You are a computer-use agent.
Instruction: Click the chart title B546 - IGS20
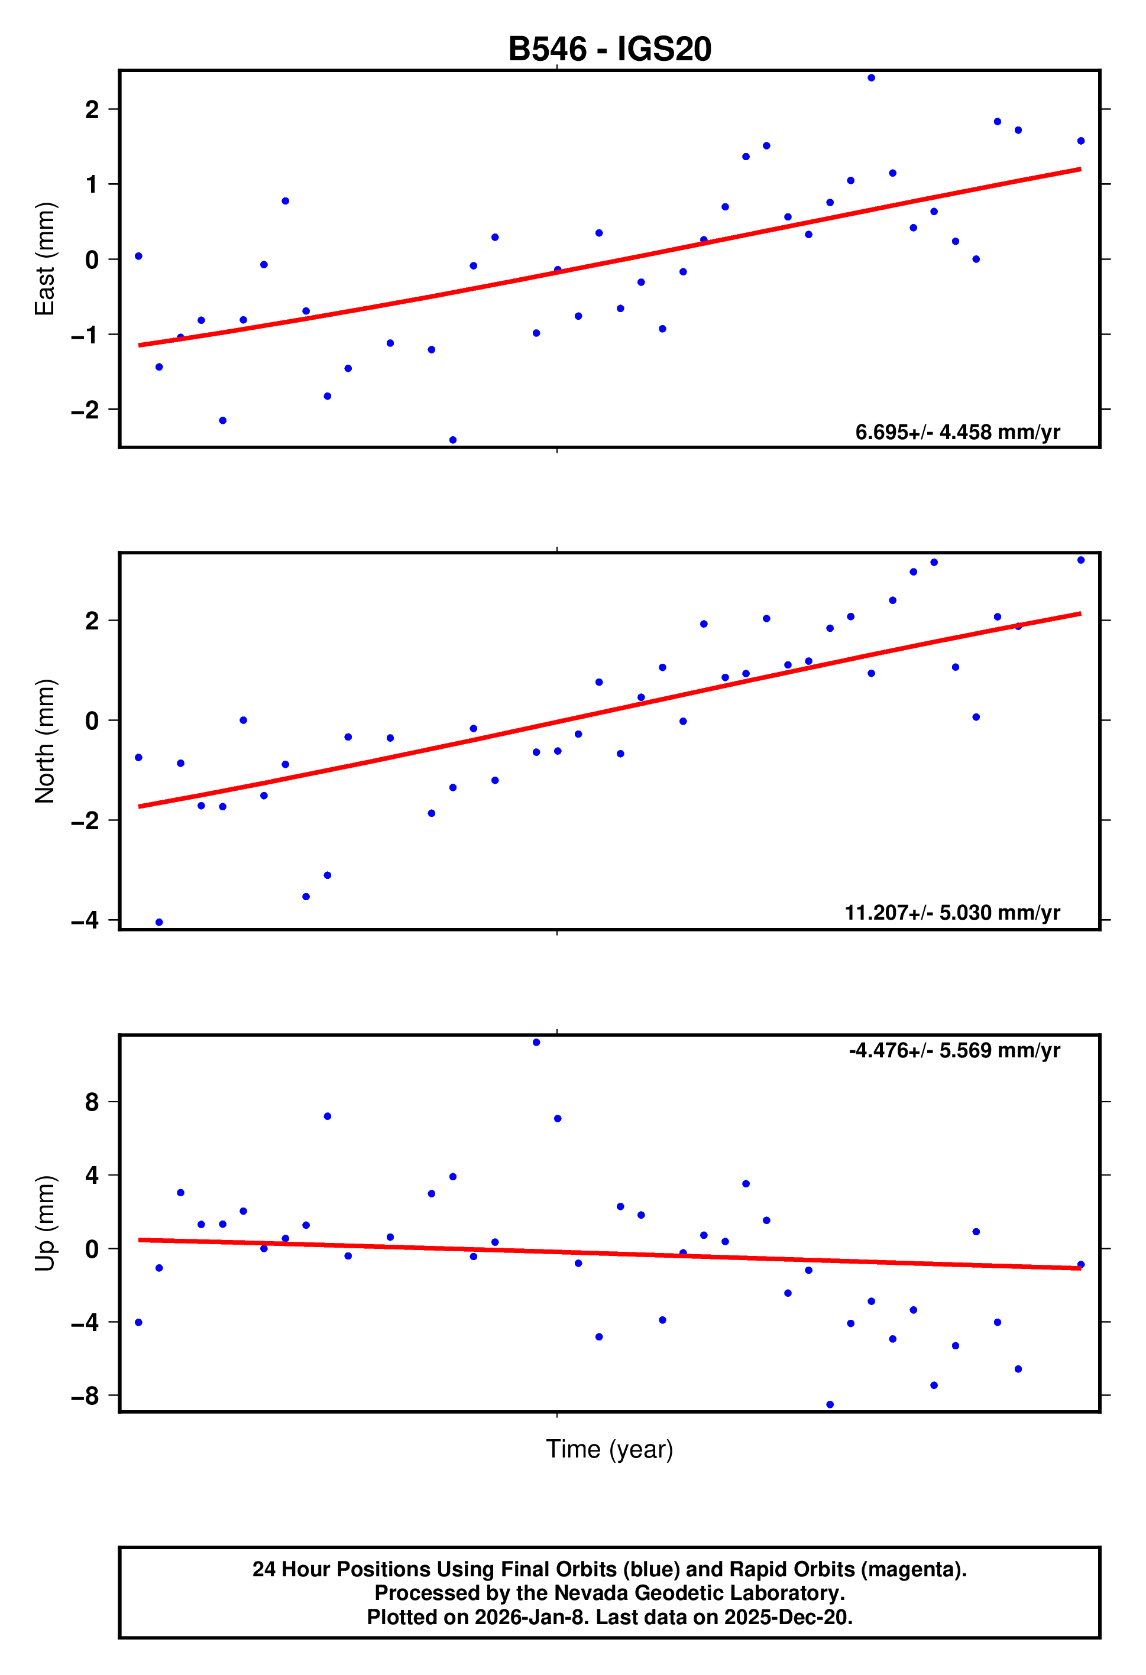coord(610,49)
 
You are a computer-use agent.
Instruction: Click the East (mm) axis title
coord(45,259)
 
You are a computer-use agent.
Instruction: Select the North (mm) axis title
coord(45,741)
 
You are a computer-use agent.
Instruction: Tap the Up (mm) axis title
coord(45,1223)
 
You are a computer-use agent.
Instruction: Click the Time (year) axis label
coord(610,1449)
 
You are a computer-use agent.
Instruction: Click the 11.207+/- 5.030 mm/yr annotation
coord(952,913)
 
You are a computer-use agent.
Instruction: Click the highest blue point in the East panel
coord(871,78)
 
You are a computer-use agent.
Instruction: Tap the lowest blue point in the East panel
coord(453,440)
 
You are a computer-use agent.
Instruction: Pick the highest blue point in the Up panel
coord(536,1042)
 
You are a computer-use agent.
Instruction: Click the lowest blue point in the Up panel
coord(830,1405)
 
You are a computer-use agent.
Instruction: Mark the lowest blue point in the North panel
coord(160,923)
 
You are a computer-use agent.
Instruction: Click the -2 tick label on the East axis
coord(85,410)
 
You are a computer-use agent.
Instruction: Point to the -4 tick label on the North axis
coord(85,920)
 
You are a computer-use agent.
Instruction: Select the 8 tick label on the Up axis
coord(92,1102)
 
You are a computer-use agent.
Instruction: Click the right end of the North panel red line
coord(1080,613)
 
